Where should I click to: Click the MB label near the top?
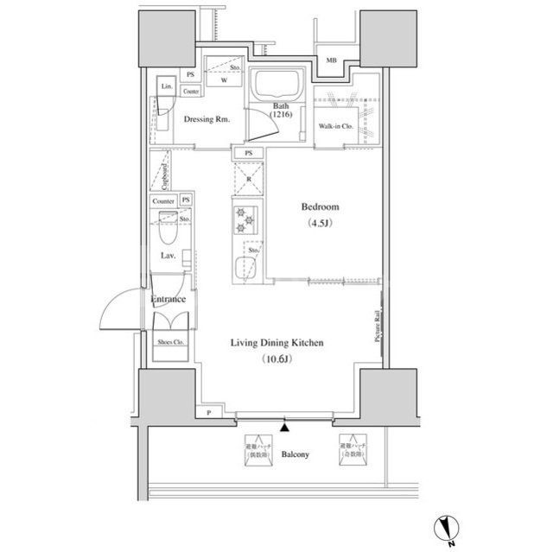coord(331,60)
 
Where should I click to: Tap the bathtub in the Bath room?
coord(275,88)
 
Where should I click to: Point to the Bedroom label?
coord(320,207)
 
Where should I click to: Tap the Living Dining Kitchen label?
coord(276,343)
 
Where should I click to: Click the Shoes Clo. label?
coord(170,343)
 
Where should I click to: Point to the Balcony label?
coord(296,454)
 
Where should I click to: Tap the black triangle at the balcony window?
coord(284,426)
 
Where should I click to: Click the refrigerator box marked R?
coord(248,179)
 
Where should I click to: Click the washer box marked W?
coord(223,80)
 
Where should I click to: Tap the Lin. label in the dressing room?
coord(167,88)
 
